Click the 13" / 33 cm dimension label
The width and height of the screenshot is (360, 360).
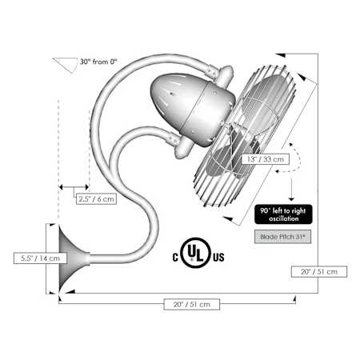[266, 159]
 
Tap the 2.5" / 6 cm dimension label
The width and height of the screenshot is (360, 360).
[96, 198]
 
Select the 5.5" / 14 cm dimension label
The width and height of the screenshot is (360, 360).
[40, 258]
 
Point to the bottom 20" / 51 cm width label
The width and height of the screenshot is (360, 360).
[192, 304]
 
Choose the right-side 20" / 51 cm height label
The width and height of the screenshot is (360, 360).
[319, 271]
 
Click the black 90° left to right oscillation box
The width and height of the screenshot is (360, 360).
[283, 214]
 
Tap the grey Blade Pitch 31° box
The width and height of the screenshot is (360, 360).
[282, 237]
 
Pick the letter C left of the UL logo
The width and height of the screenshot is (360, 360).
[175, 258]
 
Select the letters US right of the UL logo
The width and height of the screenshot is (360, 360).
[218, 258]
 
